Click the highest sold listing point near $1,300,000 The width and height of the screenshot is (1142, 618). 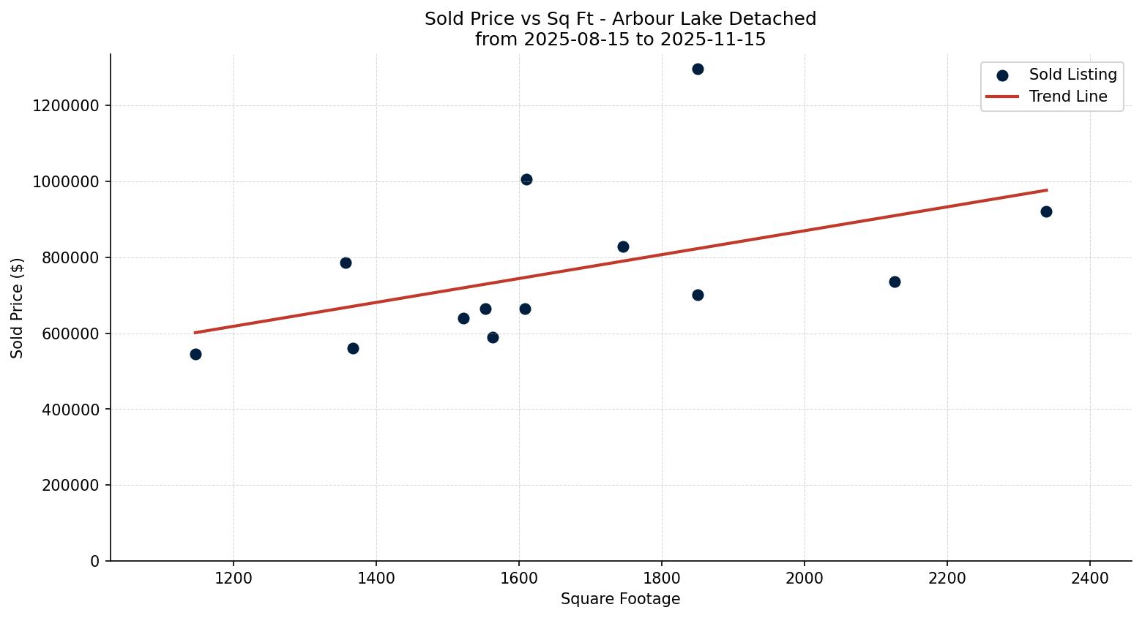[x=698, y=69]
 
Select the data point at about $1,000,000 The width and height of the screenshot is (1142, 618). [x=526, y=180]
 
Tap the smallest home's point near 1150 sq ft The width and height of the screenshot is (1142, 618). [x=195, y=355]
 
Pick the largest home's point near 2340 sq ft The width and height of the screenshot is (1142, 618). [x=1046, y=212]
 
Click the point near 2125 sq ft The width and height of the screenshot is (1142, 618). [x=895, y=282]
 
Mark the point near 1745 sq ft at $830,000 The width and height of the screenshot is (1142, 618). [x=623, y=247]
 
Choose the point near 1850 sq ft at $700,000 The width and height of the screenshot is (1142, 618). [x=698, y=295]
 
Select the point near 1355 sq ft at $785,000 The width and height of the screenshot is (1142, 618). [x=346, y=263]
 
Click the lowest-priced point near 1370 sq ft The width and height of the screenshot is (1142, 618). [x=353, y=349]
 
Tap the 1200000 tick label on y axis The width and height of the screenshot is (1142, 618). [x=66, y=106]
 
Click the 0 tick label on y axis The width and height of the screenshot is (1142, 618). [x=95, y=562]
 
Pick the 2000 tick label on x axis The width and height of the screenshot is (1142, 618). [x=805, y=578]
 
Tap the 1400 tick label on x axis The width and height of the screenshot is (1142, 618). [x=376, y=578]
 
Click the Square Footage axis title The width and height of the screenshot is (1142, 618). [x=620, y=600]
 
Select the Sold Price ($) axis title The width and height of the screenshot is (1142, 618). [x=18, y=308]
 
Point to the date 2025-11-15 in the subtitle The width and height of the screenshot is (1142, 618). [x=713, y=39]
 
